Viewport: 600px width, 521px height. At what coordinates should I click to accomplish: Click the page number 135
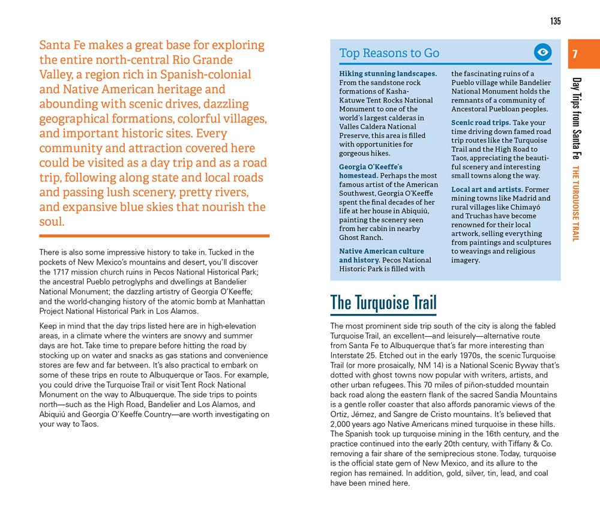[x=555, y=22]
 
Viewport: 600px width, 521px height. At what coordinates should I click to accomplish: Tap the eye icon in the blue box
[x=542, y=53]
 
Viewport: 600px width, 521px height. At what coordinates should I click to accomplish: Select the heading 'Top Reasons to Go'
[x=389, y=53]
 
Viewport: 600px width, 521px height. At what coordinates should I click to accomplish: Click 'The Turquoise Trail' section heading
[x=383, y=303]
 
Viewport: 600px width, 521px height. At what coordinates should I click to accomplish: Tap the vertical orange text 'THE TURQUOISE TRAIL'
[x=576, y=203]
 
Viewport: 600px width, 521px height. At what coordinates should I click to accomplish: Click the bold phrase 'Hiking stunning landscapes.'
[x=388, y=74]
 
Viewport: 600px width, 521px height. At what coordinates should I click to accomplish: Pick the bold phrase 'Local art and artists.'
[x=487, y=190]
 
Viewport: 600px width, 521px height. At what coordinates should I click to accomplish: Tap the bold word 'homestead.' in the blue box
[x=358, y=175]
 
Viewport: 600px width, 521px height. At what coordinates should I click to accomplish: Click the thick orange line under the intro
[x=154, y=236]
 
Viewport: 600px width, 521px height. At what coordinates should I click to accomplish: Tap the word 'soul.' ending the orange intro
[x=52, y=221]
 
